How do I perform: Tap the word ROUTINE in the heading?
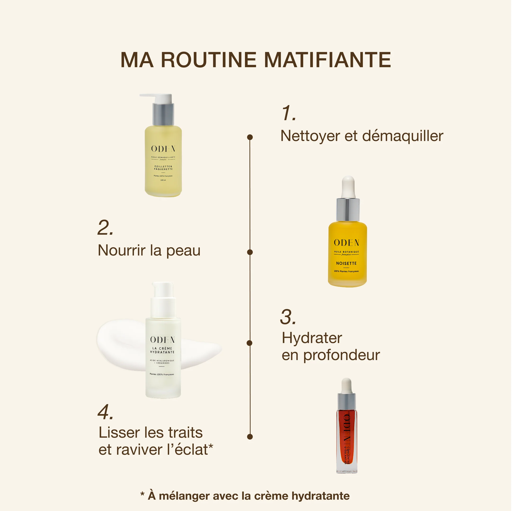tap(209, 60)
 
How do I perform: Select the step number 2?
tap(105, 228)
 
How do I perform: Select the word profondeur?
tap(342, 355)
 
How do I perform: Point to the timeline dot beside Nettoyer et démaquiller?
tap(250, 137)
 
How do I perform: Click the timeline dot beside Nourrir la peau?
tap(250, 252)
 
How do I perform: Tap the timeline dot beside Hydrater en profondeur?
tap(249, 343)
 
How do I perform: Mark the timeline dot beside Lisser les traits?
tap(250, 437)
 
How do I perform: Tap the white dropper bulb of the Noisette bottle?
tap(348, 186)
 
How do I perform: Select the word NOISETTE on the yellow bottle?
tap(346, 263)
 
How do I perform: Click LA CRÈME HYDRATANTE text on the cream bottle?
tap(162, 350)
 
